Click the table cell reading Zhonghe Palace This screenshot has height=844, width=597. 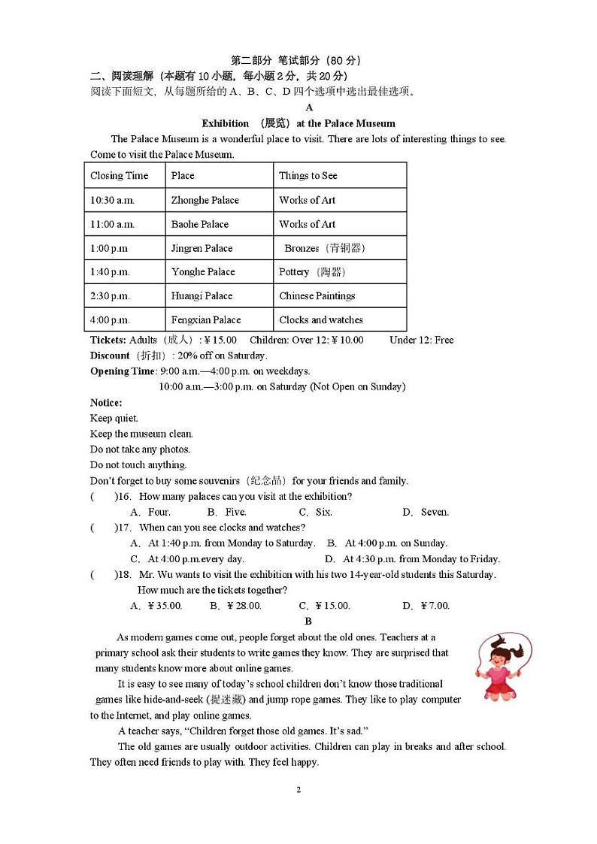coord(205,200)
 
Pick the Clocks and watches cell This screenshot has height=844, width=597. coord(321,319)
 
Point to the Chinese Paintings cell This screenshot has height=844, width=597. coord(317,296)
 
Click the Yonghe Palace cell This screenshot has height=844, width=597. coord(203,272)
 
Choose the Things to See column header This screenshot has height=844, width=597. coord(308,176)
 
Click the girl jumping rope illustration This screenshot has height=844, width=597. coord(503,666)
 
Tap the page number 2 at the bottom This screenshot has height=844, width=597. coord(298,789)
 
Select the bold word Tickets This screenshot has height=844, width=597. coord(108,340)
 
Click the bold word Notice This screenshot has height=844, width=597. coord(106,403)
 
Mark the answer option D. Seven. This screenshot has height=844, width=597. coord(425,513)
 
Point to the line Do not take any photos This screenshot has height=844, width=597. coord(140,449)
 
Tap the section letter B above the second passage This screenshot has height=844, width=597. coord(308,621)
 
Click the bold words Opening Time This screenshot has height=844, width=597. coord(123,371)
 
